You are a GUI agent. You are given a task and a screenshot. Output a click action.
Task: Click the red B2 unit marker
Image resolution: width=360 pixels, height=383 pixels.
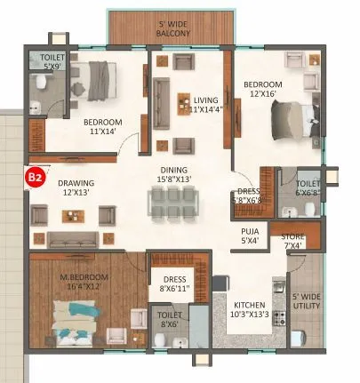click(35, 178)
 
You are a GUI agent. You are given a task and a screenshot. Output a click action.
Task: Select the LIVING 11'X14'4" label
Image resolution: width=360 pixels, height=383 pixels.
click(212, 105)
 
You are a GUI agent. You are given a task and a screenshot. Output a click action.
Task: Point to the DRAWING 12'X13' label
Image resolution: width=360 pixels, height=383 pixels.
click(76, 188)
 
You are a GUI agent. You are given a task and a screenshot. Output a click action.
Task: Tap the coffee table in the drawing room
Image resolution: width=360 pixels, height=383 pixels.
click(74, 213)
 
